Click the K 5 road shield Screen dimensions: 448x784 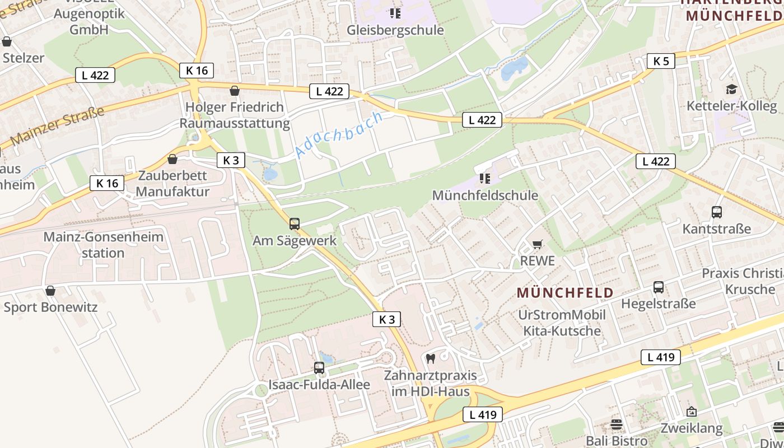[661, 61]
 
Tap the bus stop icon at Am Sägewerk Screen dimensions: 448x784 [295, 224]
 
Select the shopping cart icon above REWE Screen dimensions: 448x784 [538, 244]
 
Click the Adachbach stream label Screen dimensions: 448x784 [338, 134]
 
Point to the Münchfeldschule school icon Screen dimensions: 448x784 [485, 179]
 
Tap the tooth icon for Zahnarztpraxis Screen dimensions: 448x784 [431, 358]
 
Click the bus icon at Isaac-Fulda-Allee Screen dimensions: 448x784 [319, 368]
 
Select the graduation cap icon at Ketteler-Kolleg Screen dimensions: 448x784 [731, 89]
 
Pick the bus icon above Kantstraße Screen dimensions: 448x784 [717, 212]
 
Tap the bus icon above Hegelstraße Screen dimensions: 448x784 [659, 287]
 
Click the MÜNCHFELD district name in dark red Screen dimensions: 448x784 [565, 292]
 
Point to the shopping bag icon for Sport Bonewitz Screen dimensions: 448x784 [50, 291]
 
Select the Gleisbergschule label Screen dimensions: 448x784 [395, 30]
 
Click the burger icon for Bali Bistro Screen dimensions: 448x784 [617, 424]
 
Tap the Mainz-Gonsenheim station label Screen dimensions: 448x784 [103, 245]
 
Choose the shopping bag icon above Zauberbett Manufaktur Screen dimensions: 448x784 [172, 159]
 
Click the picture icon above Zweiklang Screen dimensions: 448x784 [692, 412]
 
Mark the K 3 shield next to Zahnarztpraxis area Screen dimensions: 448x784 [387, 319]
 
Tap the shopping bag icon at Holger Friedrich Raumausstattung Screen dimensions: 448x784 [235, 91]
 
